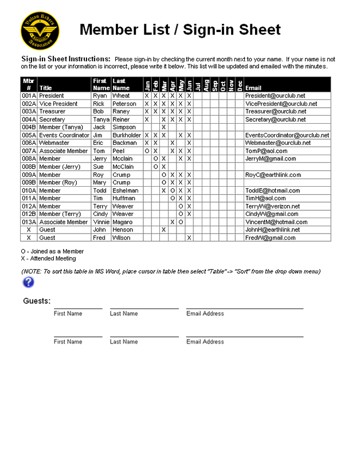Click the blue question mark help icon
pyautogui.click(x=29, y=282)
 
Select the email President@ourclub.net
pyautogui.click(x=275, y=96)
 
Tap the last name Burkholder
pyautogui.click(x=127, y=135)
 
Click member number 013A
pyautogui.click(x=29, y=222)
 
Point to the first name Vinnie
pyautogui.click(x=101, y=222)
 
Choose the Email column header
pyautogui.click(x=253, y=88)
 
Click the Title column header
pyautogui.click(x=45, y=88)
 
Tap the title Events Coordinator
pyautogui.click(x=64, y=135)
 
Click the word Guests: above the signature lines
pyautogui.click(x=37, y=301)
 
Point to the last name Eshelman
pyautogui.click(x=126, y=191)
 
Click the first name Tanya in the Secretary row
pyautogui.click(x=101, y=120)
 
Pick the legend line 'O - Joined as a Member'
pyautogui.click(x=52, y=251)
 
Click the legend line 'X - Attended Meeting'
pyautogui.click(x=48, y=259)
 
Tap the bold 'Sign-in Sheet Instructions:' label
pyautogui.click(x=66, y=59)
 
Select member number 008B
pyautogui.click(x=29, y=167)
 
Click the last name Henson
pyautogui.click(x=122, y=230)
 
